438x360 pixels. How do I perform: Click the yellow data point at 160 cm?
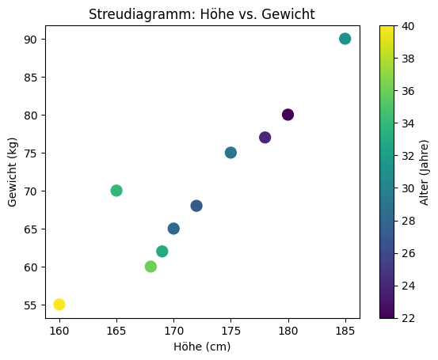(x=59, y=305)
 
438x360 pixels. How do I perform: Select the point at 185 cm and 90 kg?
(x=345, y=39)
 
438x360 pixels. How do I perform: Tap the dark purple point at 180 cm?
(x=288, y=115)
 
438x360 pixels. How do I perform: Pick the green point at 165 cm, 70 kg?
(x=116, y=191)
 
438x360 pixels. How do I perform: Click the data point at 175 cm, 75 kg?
(x=230, y=153)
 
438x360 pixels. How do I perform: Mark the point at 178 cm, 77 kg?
(x=265, y=138)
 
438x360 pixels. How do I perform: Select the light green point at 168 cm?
(x=150, y=267)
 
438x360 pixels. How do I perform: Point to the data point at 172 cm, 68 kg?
(x=196, y=206)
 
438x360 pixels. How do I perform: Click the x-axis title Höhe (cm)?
(x=203, y=347)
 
